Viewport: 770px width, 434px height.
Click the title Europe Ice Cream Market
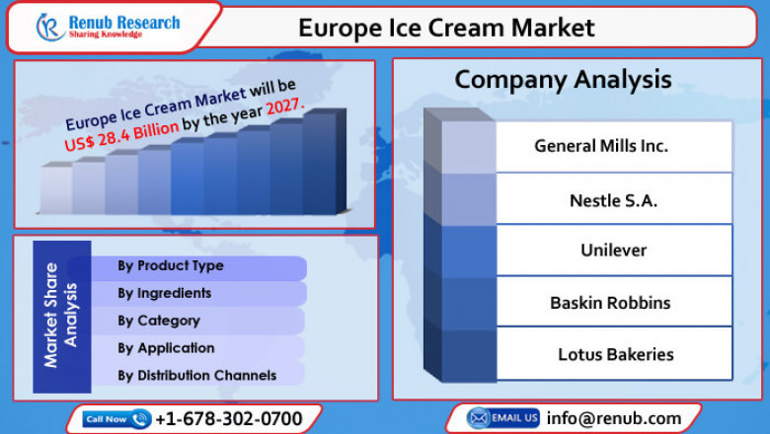(446, 28)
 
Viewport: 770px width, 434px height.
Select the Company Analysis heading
(563, 79)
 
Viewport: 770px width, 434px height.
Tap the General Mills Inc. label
(601, 146)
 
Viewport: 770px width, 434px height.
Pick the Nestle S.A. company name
(613, 200)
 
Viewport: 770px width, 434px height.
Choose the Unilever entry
(613, 250)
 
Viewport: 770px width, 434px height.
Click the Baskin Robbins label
(610, 303)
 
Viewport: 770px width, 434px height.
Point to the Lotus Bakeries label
(615, 353)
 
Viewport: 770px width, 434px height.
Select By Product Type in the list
(171, 265)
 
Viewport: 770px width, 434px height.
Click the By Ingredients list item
(164, 293)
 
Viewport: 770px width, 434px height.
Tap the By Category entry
(159, 321)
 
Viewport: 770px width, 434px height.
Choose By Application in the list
(166, 348)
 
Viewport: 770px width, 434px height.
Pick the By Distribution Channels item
(197, 376)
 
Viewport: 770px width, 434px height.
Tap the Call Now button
(116, 418)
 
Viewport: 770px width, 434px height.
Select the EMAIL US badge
(503, 418)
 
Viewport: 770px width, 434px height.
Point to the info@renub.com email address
(614, 418)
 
